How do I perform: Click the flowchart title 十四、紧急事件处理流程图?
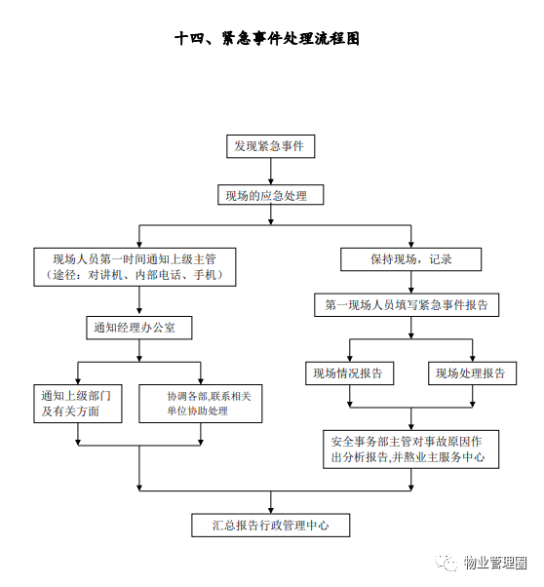[x=267, y=39]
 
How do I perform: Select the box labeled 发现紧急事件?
[x=270, y=146]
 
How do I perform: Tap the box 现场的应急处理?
[x=270, y=195]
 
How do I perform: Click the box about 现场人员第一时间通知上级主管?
[x=135, y=267]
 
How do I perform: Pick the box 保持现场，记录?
[x=410, y=259]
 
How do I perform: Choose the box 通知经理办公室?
[x=138, y=328]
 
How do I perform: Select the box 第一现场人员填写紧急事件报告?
[x=407, y=305]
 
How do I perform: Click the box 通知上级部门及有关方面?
[x=77, y=404]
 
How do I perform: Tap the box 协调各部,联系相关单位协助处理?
[x=200, y=404]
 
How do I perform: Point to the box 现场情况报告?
[x=349, y=373]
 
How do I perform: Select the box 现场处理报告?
[x=472, y=373]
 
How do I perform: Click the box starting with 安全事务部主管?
[x=410, y=450]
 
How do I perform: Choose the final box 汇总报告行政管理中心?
[x=270, y=526]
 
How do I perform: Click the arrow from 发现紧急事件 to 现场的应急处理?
[x=270, y=171]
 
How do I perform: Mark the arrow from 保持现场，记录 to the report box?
[x=411, y=282]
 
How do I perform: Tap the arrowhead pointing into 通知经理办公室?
[x=139, y=311]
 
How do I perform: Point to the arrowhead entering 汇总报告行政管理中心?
[x=271, y=510]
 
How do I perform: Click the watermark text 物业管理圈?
[x=495, y=563]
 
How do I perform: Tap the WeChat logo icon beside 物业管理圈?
[x=447, y=563]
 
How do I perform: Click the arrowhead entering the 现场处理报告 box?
[x=473, y=358]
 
